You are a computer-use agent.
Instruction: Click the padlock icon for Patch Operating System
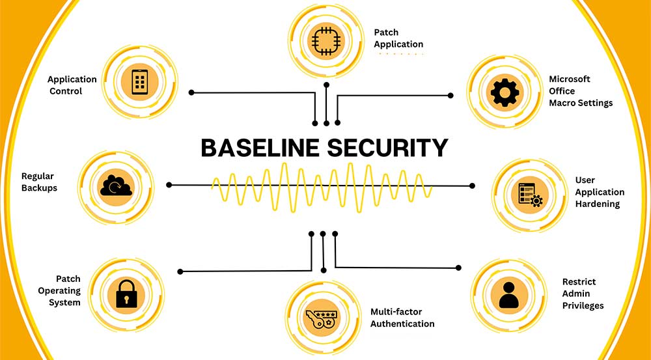[126, 294]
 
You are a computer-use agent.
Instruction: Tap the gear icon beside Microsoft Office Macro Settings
[505, 92]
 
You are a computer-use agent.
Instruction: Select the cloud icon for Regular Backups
[116, 186]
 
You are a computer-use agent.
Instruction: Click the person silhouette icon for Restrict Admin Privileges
[508, 294]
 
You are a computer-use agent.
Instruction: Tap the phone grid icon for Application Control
[140, 81]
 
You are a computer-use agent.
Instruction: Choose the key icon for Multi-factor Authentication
[322, 319]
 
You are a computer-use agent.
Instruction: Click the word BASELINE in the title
[260, 148]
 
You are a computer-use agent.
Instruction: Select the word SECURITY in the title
[388, 148]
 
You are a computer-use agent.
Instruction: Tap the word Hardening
[598, 204]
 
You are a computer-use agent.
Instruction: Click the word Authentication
[402, 324]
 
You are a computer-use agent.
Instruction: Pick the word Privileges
[583, 305]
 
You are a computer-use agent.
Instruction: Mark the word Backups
[39, 188]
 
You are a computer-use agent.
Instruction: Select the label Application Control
[72, 85]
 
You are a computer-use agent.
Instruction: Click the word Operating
[59, 290]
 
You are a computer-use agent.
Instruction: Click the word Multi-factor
[390, 311]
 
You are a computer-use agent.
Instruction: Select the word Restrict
[579, 281]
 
